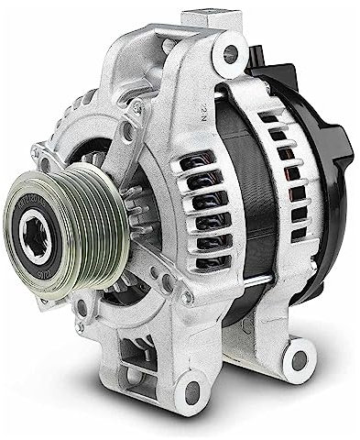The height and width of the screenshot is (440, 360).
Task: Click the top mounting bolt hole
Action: tap(228, 52)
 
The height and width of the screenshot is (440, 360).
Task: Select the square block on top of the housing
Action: tap(201, 19)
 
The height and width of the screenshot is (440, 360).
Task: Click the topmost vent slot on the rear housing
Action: tap(270, 117)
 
